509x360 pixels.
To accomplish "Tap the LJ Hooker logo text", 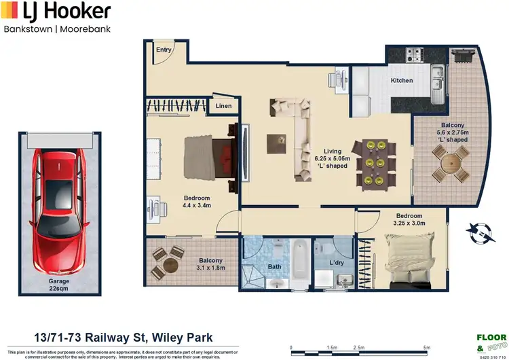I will click(57, 12).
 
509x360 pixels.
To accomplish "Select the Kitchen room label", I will click(401, 81).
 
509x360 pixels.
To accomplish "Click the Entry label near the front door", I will click(164, 50).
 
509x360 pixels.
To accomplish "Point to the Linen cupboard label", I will click(224, 106).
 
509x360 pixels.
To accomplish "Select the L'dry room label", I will click(337, 262).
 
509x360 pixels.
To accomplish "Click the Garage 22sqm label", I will click(58, 285).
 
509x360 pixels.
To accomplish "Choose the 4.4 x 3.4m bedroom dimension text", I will click(197, 204).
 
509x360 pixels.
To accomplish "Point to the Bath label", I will click(274, 267).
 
